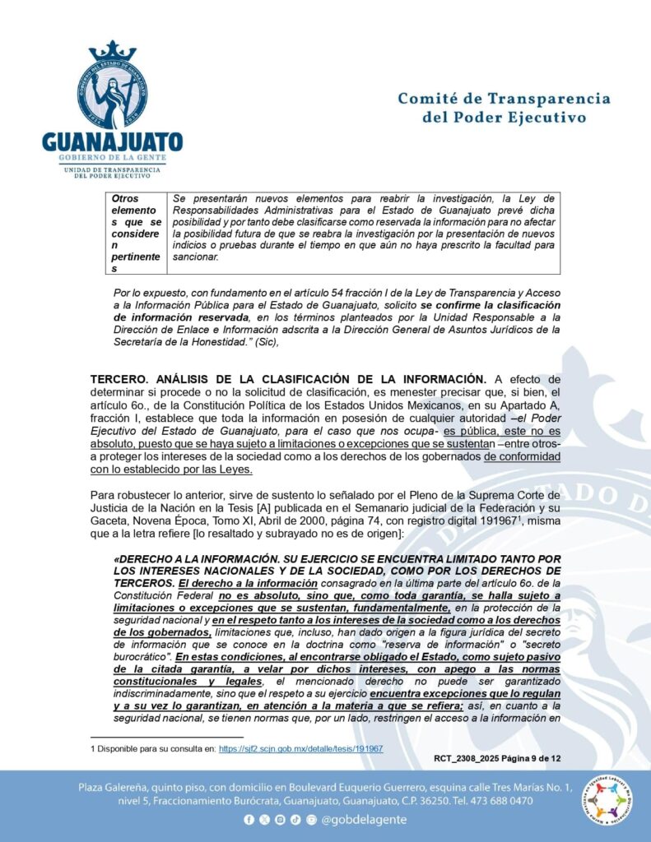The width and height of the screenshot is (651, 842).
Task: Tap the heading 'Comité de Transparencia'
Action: [504, 99]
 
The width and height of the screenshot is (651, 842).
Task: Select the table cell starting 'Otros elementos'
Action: [138, 234]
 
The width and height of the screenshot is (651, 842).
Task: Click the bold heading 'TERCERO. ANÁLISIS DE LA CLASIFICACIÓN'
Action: [288, 379]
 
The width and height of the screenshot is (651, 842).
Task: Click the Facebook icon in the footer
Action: [249, 820]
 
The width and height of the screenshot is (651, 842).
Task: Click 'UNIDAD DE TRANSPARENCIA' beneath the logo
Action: [113, 169]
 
